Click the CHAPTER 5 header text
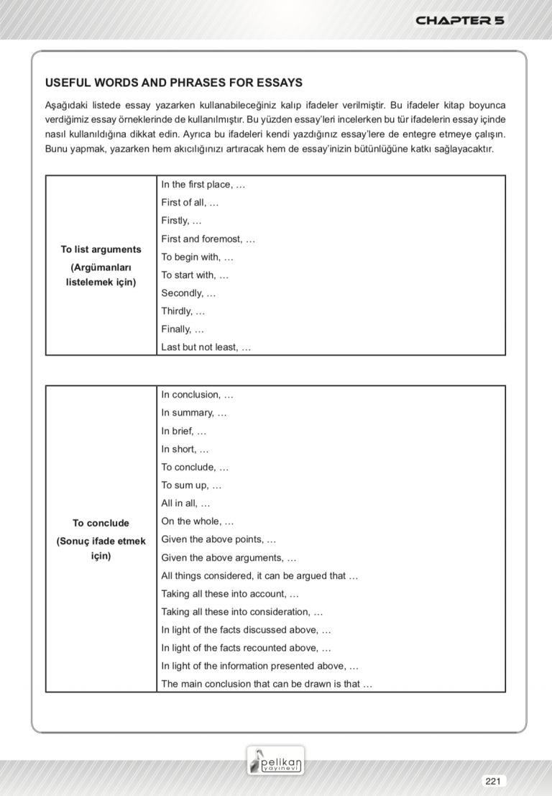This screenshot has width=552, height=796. coord(460,20)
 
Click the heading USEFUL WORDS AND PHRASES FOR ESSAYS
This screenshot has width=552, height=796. coord(173,83)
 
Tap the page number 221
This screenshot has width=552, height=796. coord(492,781)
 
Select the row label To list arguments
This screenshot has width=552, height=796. coord(101,250)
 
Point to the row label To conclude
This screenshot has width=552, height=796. coord(101,523)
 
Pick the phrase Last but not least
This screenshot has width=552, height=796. coord(206,347)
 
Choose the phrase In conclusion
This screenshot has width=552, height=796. coord(197,395)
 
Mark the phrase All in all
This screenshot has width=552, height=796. coord(185,503)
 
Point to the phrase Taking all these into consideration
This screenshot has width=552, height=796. coord(241,612)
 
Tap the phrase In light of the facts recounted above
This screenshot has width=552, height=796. coord(246,648)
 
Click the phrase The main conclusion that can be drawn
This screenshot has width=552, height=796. coord(267,684)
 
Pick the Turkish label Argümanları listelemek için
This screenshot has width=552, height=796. coord(101,275)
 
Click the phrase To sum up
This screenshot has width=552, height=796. coord(191,485)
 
